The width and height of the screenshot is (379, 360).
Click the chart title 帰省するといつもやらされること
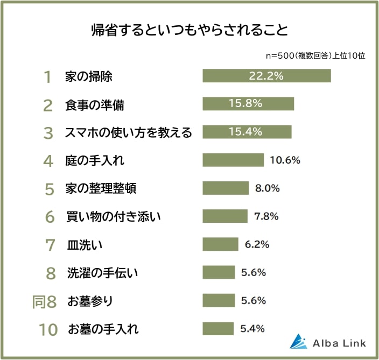click(189, 29)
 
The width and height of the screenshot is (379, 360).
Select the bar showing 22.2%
click(266, 76)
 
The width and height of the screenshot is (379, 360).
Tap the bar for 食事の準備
click(248, 104)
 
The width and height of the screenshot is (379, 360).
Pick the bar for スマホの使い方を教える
click(247, 132)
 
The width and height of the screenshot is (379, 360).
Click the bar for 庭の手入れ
click(233, 160)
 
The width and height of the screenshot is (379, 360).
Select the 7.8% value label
click(266, 216)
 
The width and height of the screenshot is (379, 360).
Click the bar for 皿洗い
click(220, 244)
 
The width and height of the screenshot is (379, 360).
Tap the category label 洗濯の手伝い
click(103, 273)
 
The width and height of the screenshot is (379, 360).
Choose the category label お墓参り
click(90, 301)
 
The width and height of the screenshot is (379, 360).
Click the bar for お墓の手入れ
click(218, 329)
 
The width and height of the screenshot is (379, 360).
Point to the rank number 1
click(47, 77)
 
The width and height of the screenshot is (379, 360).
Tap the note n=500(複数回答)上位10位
click(316, 55)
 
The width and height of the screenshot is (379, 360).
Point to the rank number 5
click(49, 189)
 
